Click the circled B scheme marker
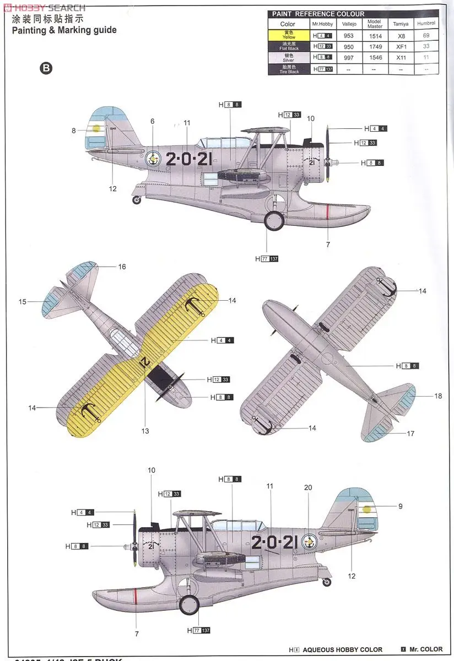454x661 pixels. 46,68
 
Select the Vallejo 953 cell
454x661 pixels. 349,35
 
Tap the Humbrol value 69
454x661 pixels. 426,35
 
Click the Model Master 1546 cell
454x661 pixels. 374,58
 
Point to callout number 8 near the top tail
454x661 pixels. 73,131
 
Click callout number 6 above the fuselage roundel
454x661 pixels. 152,121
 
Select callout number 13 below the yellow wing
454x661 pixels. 145,431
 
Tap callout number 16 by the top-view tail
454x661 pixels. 122,267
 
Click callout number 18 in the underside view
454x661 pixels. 438,396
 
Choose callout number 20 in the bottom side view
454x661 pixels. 308,487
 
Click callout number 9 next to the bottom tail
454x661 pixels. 400,506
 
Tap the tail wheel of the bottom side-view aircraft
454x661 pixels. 327,582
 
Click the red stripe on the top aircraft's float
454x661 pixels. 328,211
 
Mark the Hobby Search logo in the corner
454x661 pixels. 44,7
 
